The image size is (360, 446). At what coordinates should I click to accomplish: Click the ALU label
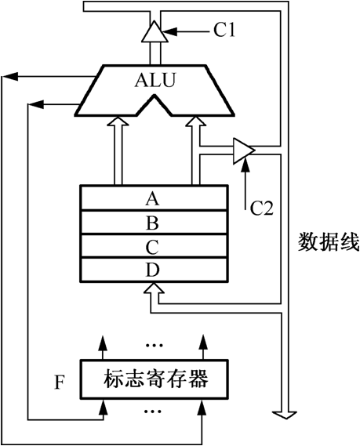click(155, 80)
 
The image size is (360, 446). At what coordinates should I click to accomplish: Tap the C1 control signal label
click(224, 30)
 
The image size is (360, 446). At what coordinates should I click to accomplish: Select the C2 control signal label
click(261, 208)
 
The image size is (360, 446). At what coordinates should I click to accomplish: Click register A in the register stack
click(154, 198)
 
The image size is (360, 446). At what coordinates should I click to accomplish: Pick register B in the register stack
click(154, 222)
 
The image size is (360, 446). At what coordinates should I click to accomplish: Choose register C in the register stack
click(154, 246)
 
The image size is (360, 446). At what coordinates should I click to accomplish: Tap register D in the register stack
click(154, 270)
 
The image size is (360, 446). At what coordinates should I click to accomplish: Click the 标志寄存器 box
click(155, 379)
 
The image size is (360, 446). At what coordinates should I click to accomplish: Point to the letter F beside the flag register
click(59, 383)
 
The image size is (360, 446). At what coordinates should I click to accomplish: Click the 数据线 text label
click(329, 241)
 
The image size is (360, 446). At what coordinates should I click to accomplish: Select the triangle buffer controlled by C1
click(155, 31)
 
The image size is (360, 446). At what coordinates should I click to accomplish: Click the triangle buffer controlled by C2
click(244, 150)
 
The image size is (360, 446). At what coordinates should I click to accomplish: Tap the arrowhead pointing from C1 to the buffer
click(170, 31)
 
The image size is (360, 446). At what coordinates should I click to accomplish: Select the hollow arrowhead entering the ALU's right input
click(196, 121)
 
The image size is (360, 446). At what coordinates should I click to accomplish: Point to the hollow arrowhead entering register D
click(154, 288)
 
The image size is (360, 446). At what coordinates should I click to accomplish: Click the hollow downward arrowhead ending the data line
click(285, 415)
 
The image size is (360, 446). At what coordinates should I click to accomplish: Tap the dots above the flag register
click(154, 346)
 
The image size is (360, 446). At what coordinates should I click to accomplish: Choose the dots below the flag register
click(153, 411)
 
